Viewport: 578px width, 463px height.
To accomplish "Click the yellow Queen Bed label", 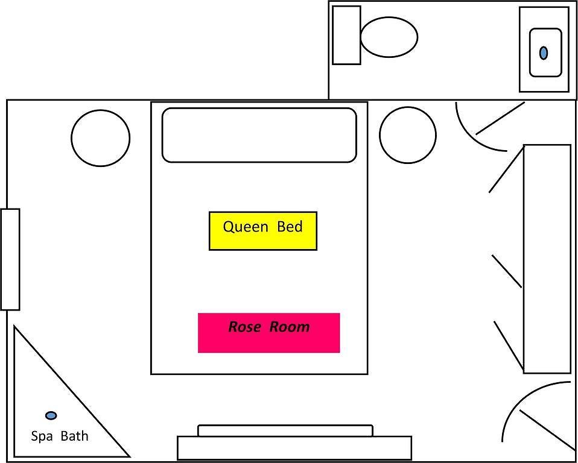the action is tap(263, 231).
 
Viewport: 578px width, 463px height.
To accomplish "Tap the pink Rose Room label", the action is tap(268, 333).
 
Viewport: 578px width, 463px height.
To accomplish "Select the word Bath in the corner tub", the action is tap(74, 436).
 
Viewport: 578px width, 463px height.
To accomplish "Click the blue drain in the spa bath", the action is tap(51, 415).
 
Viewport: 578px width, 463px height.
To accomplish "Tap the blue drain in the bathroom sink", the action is tap(544, 52).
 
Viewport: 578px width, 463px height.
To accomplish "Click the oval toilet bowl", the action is tap(389, 37).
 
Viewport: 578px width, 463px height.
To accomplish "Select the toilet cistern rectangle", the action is tap(346, 35).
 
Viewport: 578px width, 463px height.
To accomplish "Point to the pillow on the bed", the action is tap(259, 135).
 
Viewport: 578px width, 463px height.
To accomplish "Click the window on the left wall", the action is tap(10, 259).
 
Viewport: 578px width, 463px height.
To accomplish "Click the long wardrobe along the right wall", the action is tap(547, 259).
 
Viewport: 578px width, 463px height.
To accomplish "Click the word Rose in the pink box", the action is tap(246, 327).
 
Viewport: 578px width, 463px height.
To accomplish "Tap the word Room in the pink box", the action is tap(290, 327).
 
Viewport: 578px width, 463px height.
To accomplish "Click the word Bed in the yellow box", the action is tap(290, 226).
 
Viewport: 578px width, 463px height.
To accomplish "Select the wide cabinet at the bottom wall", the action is tap(294, 448).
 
